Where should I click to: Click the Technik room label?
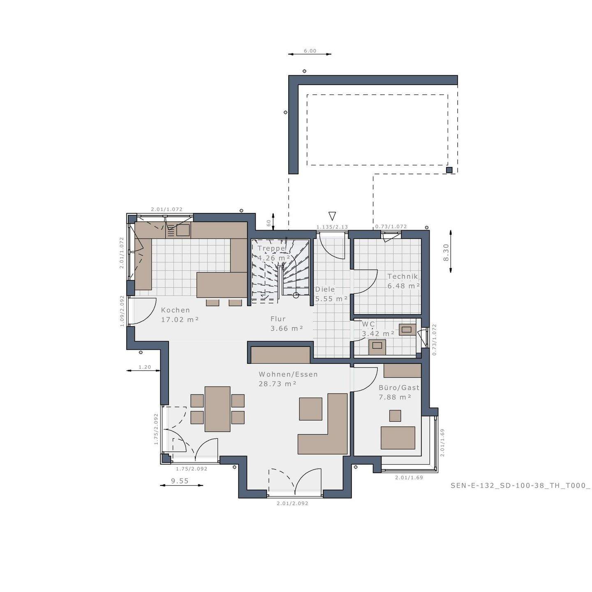pos(402,277)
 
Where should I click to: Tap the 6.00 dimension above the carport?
pos(310,51)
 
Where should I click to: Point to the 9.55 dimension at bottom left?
pos(180,481)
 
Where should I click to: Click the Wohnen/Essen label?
pos(288,375)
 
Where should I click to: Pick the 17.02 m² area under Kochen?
pos(180,319)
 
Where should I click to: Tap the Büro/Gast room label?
pos(399,388)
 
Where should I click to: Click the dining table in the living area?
pos(217,409)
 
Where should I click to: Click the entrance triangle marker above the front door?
pos(332,216)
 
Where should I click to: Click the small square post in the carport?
pos(449,170)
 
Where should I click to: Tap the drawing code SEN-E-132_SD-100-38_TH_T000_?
pos(520,486)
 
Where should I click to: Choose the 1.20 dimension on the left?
pos(145,367)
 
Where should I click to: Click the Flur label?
pos(278,319)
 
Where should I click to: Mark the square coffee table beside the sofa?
pos(310,409)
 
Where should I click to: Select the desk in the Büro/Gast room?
pos(398,437)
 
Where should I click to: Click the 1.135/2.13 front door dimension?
pos(332,227)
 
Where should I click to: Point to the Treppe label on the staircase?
pos(271,248)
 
